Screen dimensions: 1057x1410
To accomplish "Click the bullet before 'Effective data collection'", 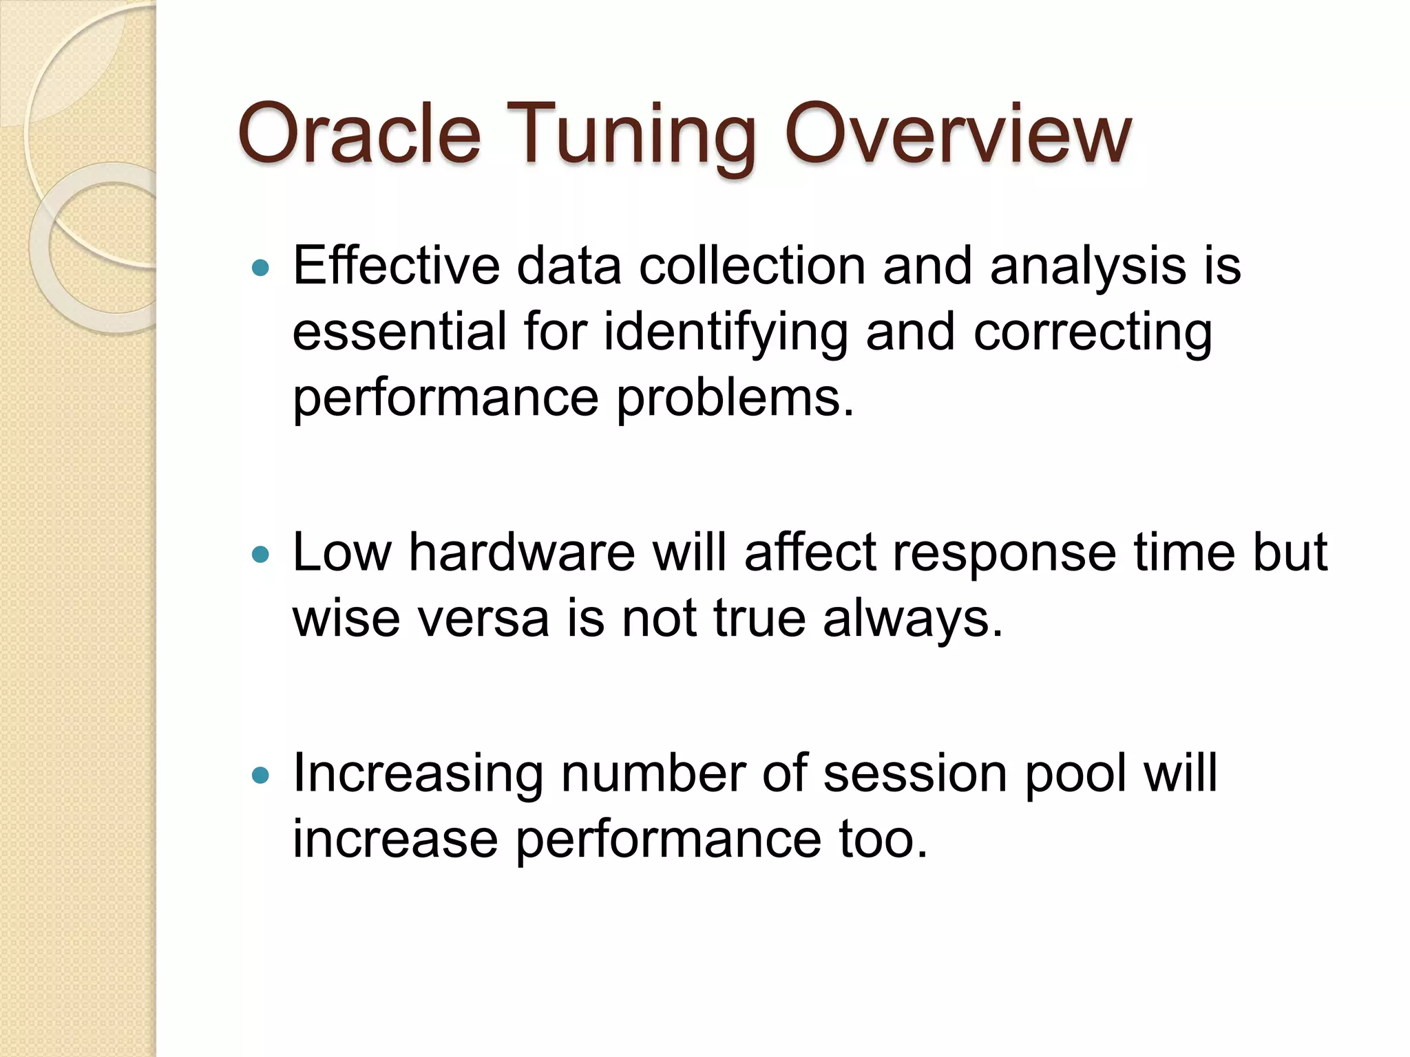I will pyautogui.click(x=260, y=268).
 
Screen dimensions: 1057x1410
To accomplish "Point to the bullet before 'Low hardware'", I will pyautogui.click(x=260, y=554).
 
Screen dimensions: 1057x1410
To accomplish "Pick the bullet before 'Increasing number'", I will pyautogui.click(x=260, y=776).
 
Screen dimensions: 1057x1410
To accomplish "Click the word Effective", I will pyautogui.click(x=396, y=266).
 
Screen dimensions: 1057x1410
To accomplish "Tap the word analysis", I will pyautogui.click(x=1088, y=266).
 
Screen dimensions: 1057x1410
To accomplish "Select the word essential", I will pyautogui.click(x=399, y=332).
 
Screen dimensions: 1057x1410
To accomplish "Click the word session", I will pyautogui.click(x=916, y=773).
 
